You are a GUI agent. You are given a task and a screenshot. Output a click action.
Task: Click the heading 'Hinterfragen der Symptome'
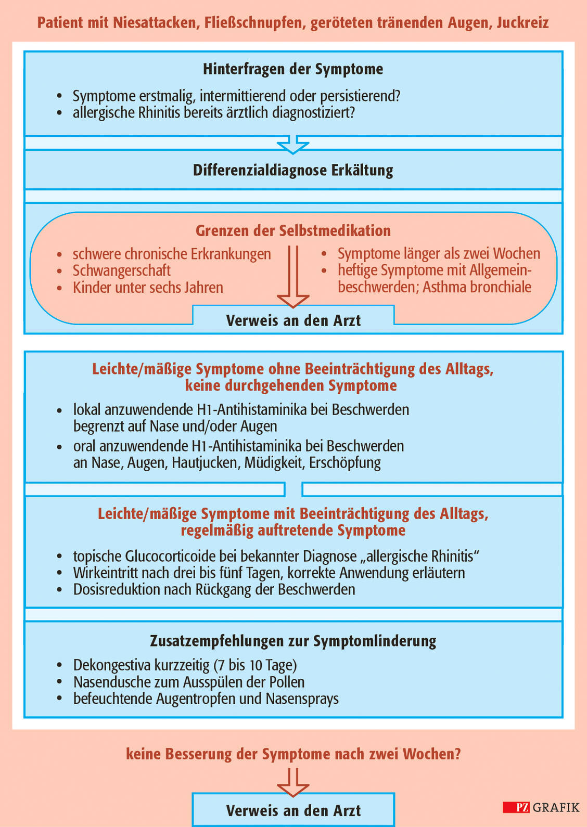(x=293, y=69)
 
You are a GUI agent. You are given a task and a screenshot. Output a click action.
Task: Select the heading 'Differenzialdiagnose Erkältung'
(x=293, y=170)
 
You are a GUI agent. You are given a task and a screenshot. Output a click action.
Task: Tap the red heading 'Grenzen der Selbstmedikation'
(x=293, y=230)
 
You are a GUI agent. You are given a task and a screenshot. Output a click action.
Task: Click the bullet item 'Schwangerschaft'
(x=121, y=270)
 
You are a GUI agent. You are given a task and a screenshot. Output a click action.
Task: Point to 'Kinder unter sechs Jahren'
(x=148, y=288)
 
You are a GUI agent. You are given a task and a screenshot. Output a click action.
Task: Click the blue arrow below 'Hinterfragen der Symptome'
(x=293, y=145)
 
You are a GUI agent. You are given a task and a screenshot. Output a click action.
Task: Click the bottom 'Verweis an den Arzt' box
(x=293, y=810)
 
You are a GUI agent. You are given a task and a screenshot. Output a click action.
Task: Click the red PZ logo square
(x=516, y=808)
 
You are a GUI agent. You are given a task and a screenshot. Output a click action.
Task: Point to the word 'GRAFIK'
(x=556, y=808)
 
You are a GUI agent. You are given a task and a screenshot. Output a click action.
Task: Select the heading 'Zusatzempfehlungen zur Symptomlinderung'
(x=293, y=641)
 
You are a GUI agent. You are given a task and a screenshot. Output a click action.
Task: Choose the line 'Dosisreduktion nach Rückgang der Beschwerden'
(x=214, y=589)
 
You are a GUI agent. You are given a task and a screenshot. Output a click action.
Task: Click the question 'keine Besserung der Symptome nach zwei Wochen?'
(x=293, y=754)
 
